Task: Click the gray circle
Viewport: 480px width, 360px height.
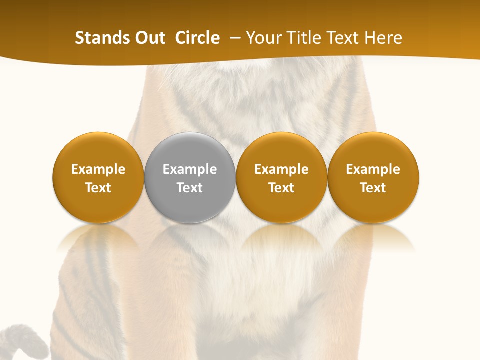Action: click(x=190, y=150)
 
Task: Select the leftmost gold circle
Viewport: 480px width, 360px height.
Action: click(x=98, y=150)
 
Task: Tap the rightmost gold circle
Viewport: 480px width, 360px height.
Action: click(x=373, y=150)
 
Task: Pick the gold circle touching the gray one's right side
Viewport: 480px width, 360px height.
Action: click(x=281, y=150)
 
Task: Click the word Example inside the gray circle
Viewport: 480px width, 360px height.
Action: click(x=190, y=169)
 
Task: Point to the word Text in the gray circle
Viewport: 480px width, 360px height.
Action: click(x=190, y=188)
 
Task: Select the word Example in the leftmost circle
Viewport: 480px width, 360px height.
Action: click(x=98, y=169)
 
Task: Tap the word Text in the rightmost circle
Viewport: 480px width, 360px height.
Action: click(x=373, y=188)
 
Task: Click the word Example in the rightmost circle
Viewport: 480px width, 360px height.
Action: click(x=373, y=169)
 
